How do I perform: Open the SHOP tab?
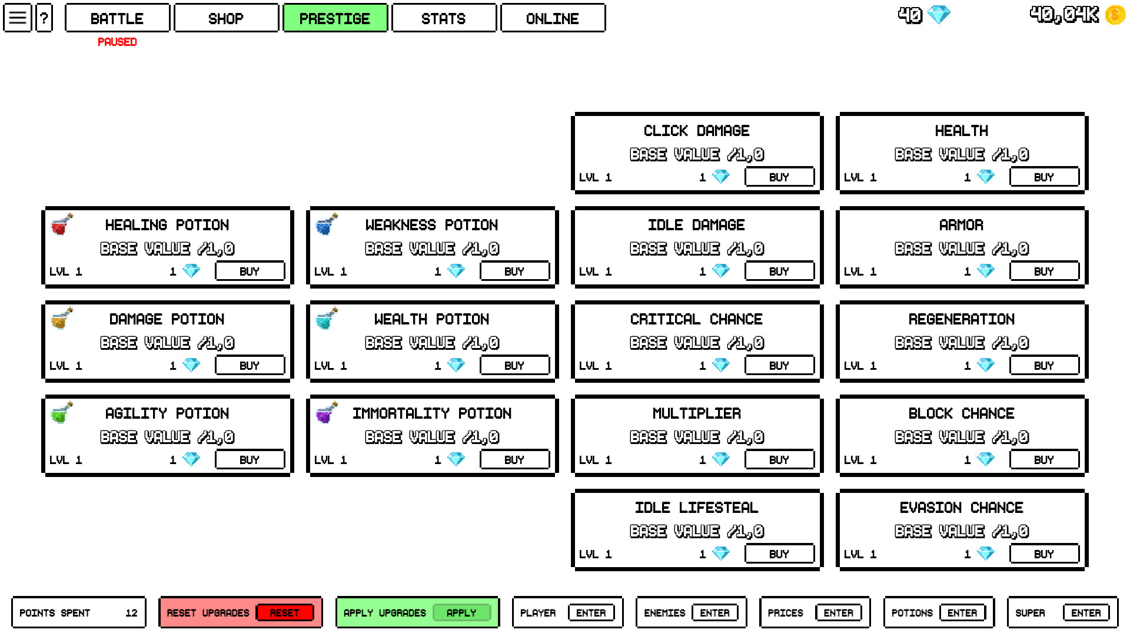tap(226, 18)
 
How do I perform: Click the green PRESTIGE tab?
tap(335, 18)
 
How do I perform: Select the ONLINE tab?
tap(552, 18)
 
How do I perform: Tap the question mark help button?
tap(44, 18)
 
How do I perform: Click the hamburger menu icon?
tap(17, 18)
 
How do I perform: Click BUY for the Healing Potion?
tap(250, 271)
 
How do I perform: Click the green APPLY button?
tap(461, 613)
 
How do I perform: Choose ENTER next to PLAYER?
tap(591, 613)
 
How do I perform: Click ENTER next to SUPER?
tap(1086, 613)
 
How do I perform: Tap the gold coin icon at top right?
tap(1115, 15)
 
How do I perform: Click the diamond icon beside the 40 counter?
tap(939, 15)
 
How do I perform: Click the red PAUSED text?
tap(117, 42)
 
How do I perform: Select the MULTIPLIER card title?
tap(696, 413)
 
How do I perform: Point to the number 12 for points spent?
tap(131, 613)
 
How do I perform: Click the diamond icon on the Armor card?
tap(986, 271)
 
